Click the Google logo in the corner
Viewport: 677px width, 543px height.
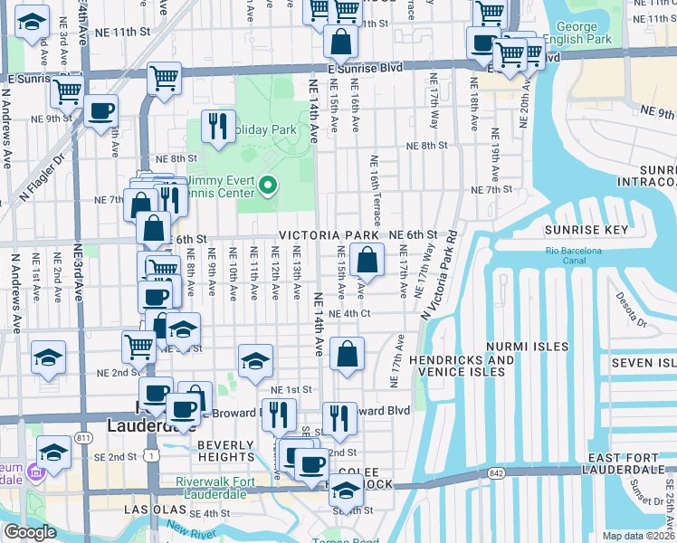click(31, 532)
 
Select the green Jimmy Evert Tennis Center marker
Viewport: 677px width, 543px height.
click(268, 187)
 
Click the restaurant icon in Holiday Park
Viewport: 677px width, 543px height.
click(217, 128)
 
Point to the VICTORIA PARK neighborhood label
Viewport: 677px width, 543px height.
click(328, 235)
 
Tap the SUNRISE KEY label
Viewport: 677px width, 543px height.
click(586, 230)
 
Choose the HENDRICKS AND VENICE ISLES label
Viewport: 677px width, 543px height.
click(462, 366)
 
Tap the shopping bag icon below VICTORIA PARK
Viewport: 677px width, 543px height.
click(367, 263)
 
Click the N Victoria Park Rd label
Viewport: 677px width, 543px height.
click(438, 277)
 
